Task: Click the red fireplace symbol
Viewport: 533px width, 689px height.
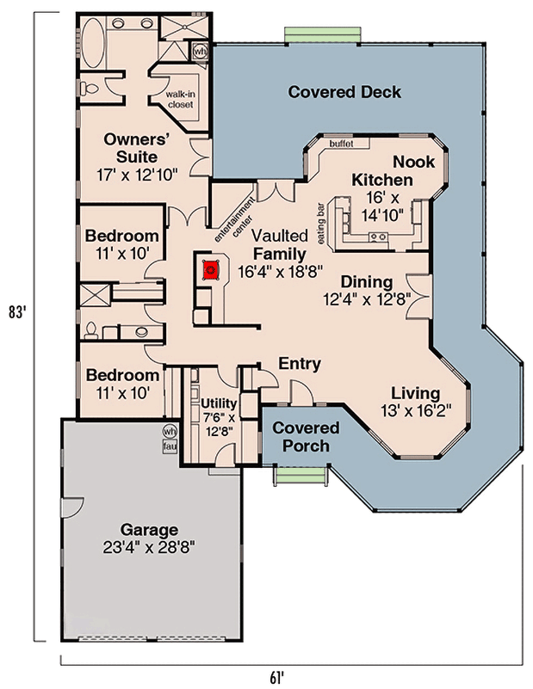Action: pyautogui.click(x=208, y=271)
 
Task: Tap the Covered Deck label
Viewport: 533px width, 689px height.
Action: pyautogui.click(x=344, y=92)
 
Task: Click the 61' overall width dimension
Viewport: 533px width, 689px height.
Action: pyautogui.click(x=276, y=676)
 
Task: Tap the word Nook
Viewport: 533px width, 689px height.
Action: pyautogui.click(x=413, y=162)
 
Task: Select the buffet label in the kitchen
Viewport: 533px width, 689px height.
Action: pyautogui.click(x=342, y=144)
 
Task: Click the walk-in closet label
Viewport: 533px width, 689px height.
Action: pyautogui.click(x=181, y=99)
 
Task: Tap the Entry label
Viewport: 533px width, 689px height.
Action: pyautogui.click(x=300, y=364)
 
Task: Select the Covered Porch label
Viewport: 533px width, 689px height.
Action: pyautogui.click(x=306, y=437)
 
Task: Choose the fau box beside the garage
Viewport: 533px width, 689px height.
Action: pyautogui.click(x=170, y=445)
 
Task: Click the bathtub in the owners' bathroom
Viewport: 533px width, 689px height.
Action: pyautogui.click(x=93, y=39)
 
